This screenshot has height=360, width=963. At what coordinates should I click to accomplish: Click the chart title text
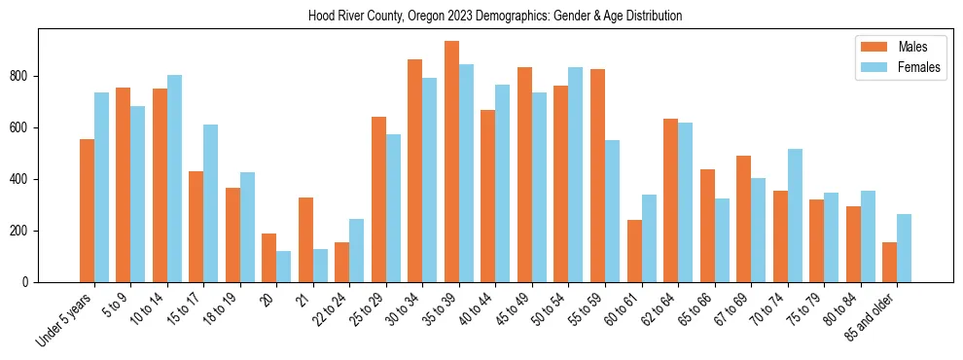[x=495, y=17]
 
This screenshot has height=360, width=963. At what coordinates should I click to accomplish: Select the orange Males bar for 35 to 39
[x=451, y=162]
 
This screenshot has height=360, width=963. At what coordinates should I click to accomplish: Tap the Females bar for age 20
[x=283, y=267]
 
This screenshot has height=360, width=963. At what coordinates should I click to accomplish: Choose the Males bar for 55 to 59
[x=597, y=175]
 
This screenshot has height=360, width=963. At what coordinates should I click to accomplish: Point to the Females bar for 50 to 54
[x=576, y=174]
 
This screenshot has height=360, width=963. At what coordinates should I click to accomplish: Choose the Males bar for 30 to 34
[x=414, y=170]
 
